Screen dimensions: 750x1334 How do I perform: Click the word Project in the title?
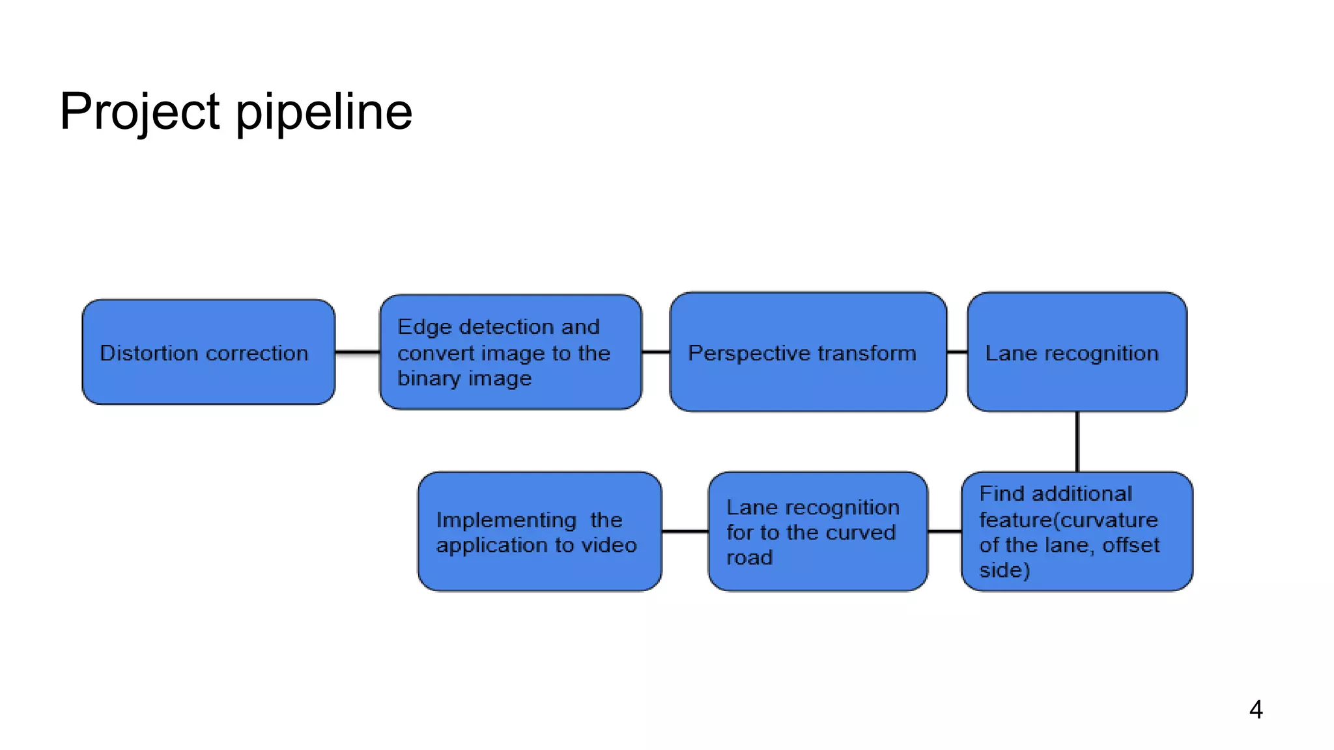(139, 112)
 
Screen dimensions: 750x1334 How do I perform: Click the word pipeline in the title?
(324, 112)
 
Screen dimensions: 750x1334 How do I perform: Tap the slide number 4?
(1256, 709)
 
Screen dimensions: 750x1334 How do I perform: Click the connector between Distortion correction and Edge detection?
(358, 352)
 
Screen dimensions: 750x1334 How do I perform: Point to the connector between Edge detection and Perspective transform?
(656, 352)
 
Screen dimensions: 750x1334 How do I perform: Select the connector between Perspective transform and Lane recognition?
(957, 352)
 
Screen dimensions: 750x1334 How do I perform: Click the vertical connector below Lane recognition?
(1077, 441)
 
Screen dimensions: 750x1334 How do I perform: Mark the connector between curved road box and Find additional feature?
(944, 531)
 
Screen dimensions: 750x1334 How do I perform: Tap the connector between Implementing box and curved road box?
(685, 531)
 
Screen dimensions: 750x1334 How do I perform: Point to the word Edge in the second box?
(424, 327)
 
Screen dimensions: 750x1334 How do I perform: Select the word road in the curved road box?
(750, 558)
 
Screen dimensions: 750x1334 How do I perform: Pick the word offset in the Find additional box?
(1131, 545)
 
